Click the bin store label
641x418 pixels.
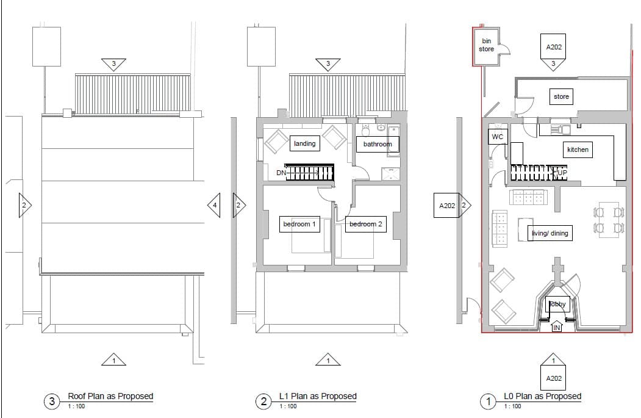[486, 45]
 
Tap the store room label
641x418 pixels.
[561, 96]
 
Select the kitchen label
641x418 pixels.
[578, 150]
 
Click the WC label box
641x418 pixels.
[498, 137]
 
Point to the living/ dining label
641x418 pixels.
[550, 233]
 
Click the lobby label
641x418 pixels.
[557, 304]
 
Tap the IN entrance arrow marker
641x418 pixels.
[557, 327]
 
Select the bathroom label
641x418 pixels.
[378, 144]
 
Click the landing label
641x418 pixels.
[304, 143]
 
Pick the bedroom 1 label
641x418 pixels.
[299, 224]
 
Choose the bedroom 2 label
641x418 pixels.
[365, 224]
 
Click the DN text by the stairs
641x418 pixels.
[281, 173]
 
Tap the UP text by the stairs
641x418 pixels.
[562, 173]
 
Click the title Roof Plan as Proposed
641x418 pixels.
[110, 396]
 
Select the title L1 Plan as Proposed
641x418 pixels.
[318, 396]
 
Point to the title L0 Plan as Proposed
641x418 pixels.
[542, 396]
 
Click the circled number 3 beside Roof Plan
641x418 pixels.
[51, 402]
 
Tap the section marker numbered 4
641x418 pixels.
[214, 205]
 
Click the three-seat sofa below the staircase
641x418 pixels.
[528, 197]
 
